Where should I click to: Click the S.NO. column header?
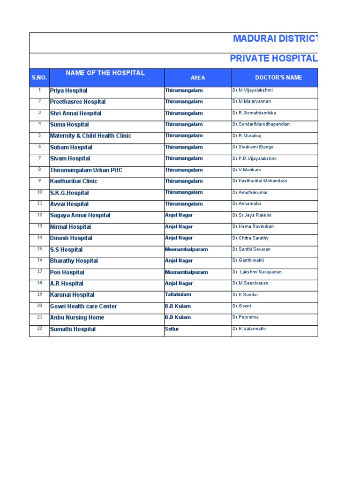click(39, 78)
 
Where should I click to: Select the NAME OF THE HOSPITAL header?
click(105, 73)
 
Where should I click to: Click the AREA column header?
click(198, 78)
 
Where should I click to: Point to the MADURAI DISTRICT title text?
click(275, 38)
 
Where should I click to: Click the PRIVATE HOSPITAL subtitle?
click(274, 59)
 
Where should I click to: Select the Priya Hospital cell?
click(68, 90)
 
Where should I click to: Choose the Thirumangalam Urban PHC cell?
click(86, 170)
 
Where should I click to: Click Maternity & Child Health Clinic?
click(90, 136)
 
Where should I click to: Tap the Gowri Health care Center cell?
click(83, 307)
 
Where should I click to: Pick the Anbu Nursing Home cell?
click(77, 318)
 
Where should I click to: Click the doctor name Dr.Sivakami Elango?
click(253, 147)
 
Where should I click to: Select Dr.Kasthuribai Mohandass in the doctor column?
click(260, 181)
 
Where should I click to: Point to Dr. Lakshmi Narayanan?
click(257, 272)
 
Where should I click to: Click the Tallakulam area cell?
click(178, 295)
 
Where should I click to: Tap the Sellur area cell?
click(172, 329)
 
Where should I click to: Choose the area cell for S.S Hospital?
click(186, 249)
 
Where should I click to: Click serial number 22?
click(39, 328)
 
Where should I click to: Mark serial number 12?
click(39, 215)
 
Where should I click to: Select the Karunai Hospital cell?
click(72, 295)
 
